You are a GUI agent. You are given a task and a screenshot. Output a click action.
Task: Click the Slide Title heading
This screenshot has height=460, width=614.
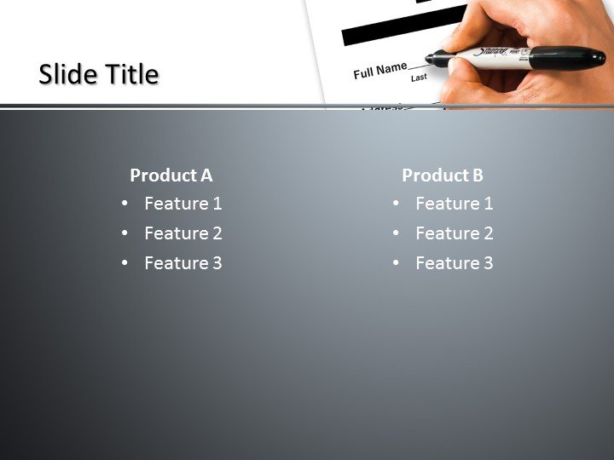[x=99, y=75]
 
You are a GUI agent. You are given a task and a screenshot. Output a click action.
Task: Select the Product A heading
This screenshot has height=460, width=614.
[x=171, y=175]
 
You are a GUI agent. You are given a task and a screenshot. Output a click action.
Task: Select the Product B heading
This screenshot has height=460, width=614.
[x=443, y=175]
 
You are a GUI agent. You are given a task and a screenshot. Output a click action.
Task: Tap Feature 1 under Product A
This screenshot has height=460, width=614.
[x=182, y=204]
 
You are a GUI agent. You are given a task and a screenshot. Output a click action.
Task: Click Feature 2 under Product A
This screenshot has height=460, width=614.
[x=182, y=233]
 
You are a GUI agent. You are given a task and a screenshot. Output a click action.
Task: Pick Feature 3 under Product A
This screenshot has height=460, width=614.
[x=182, y=263]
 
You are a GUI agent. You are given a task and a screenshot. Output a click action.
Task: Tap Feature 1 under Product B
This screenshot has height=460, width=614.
[x=454, y=204]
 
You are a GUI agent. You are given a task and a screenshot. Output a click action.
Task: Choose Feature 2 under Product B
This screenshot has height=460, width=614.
[x=454, y=233]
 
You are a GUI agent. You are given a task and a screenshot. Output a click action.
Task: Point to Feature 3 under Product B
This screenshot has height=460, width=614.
[x=454, y=263]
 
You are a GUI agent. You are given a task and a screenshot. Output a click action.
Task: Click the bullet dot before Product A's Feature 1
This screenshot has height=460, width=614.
[x=125, y=204]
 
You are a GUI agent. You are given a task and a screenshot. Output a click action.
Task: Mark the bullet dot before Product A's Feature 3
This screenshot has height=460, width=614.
[x=125, y=263]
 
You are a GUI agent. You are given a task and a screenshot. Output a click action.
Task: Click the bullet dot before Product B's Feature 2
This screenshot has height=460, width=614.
[x=397, y=233]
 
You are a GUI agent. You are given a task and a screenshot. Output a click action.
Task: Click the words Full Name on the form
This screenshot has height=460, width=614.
[x=379, y=71]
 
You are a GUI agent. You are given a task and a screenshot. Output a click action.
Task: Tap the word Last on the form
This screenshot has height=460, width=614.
[x=419, y=78]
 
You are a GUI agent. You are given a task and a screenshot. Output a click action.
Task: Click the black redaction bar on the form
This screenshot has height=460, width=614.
[x=401, y=26]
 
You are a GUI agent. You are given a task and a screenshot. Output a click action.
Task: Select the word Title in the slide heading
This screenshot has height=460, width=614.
[x=132, y=75]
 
